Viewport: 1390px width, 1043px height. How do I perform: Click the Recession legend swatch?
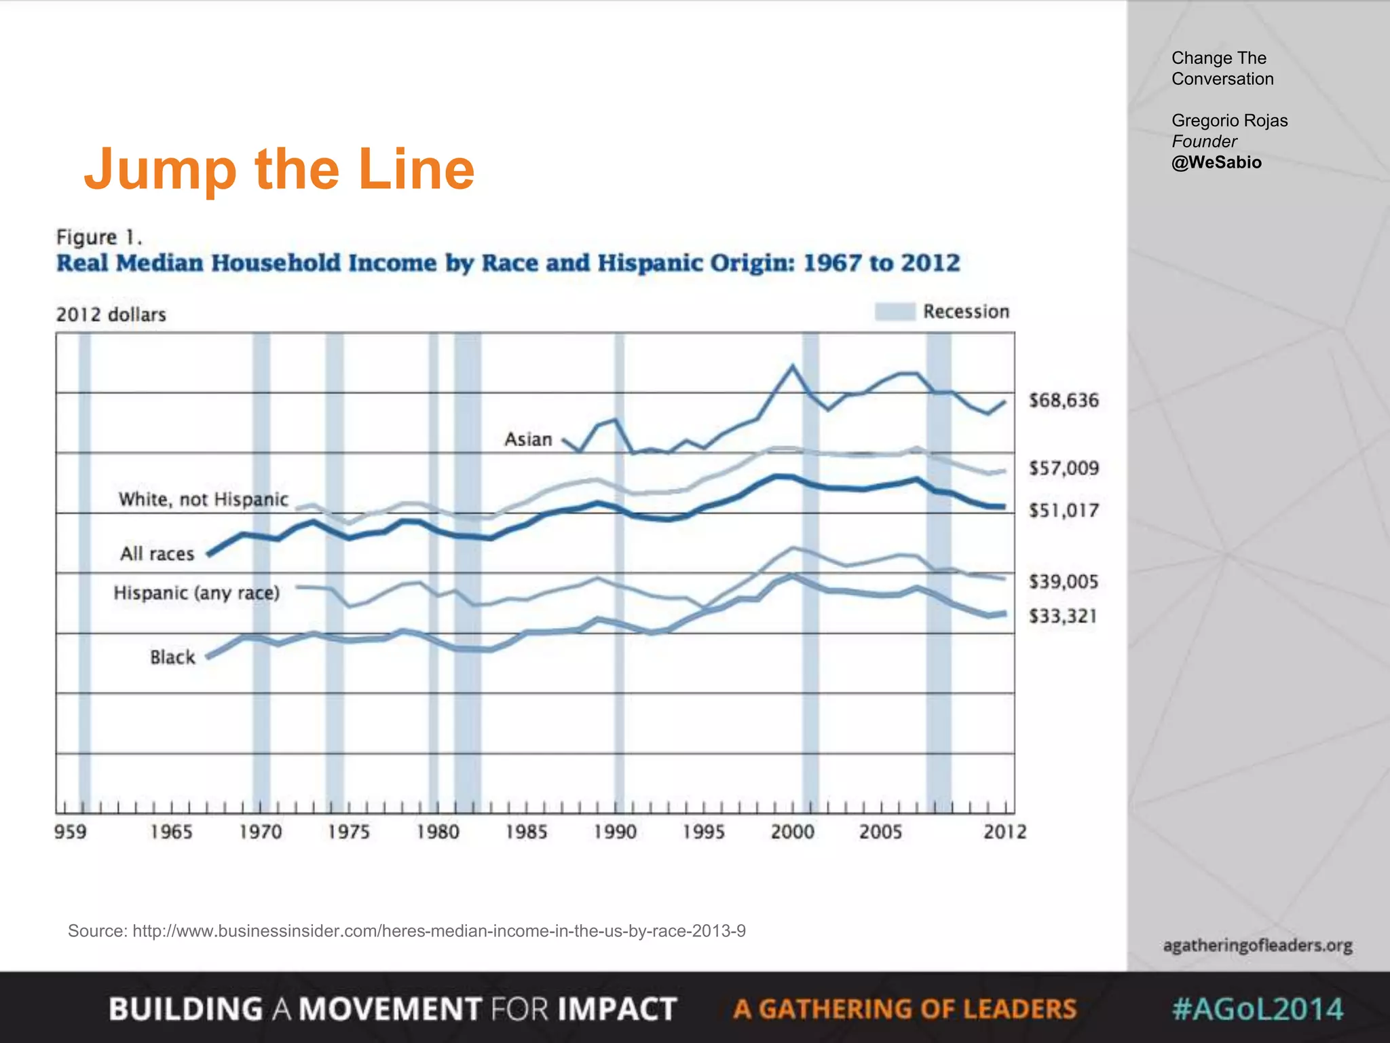coord(894,312)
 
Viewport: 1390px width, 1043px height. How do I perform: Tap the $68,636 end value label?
coord(1063,400)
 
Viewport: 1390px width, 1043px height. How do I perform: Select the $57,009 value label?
coord(1063,468)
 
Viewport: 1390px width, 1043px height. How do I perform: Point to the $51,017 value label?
coord(1063,511)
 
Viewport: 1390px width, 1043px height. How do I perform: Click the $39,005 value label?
coord(1063,581)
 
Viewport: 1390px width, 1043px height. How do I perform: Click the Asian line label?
coord(528,439)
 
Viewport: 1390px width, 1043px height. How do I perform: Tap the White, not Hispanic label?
coord(204,500)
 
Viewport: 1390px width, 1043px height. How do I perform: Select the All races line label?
coord(157,554)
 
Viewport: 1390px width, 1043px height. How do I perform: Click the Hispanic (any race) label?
coord(196,593)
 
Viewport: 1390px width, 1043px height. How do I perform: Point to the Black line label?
coord(172,657)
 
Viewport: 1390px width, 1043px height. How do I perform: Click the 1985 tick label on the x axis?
coord(526,832)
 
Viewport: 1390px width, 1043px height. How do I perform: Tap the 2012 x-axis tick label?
coord(1004,832)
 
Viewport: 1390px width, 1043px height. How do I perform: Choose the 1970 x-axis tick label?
coord(260,832)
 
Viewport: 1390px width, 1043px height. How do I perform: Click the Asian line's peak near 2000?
coord(792,367)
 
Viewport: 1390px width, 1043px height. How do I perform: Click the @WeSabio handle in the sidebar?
coord(1216,162)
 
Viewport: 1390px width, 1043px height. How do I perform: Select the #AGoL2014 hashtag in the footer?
coord(1257,1009)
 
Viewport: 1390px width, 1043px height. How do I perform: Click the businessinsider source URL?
coord(438,931)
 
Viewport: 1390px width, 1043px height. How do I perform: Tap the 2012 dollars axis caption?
coord(111,314)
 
